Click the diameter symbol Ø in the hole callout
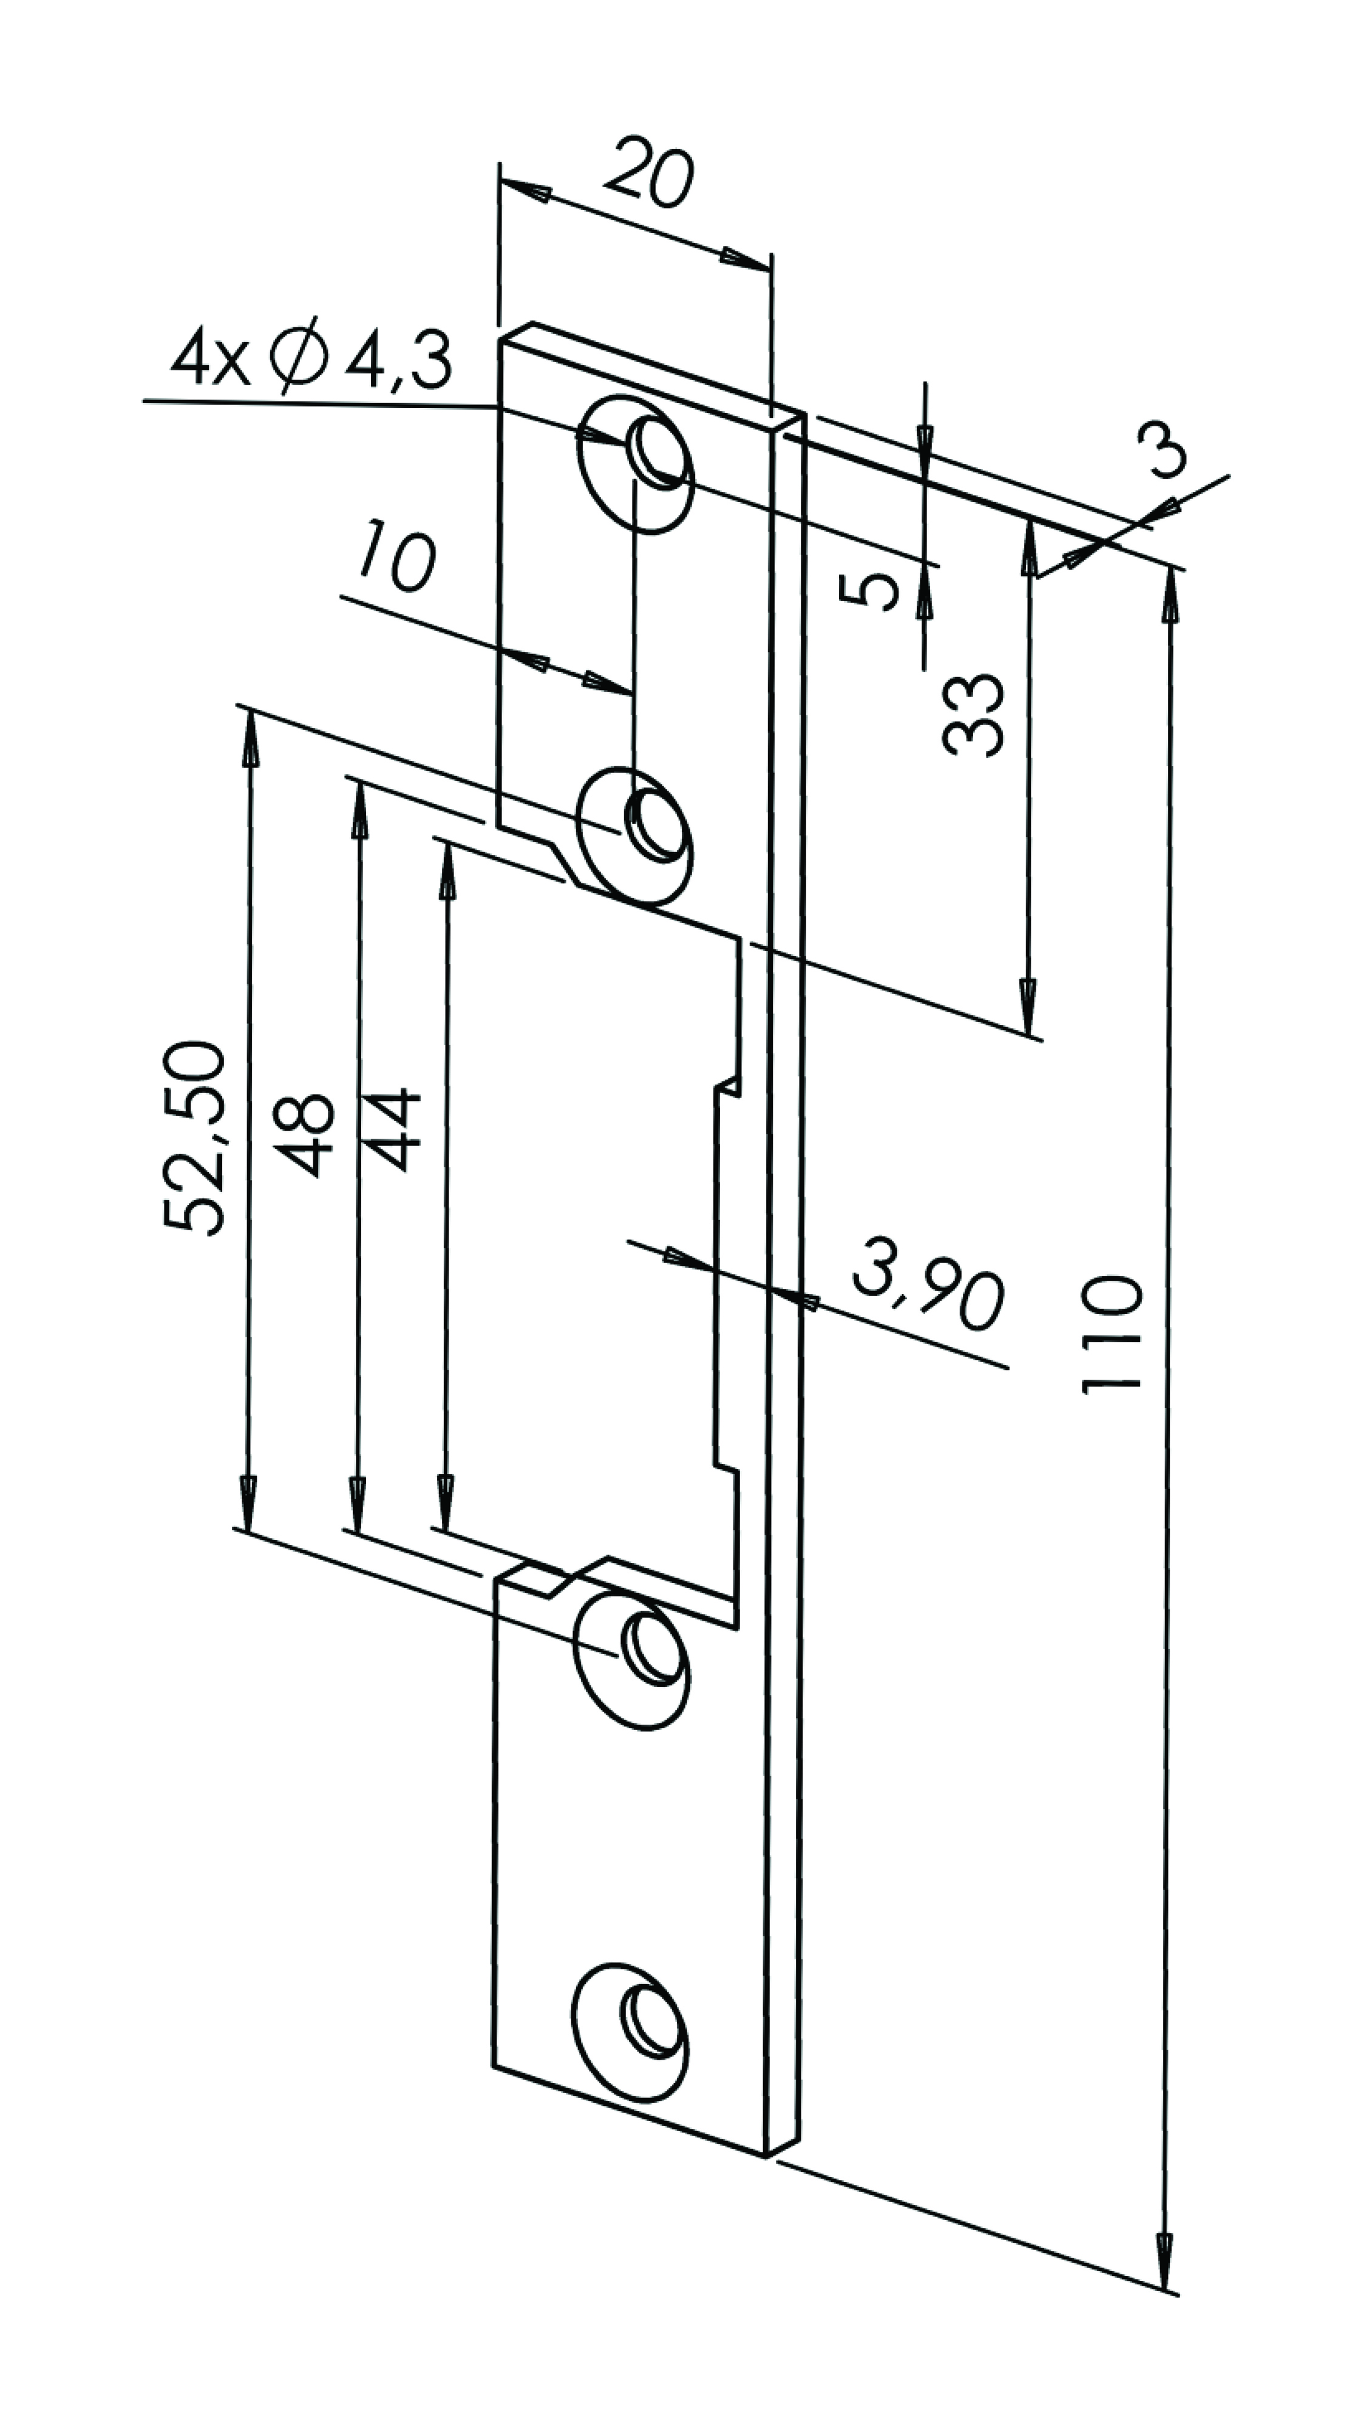coord(296,359)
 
